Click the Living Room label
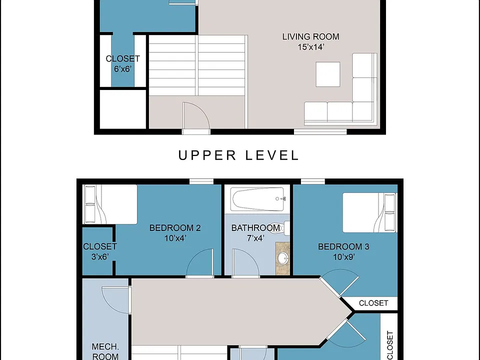coord(310,36)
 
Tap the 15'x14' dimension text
coord(310,47)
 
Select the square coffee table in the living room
coord(328,74)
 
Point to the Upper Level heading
coord(238,155)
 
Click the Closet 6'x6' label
coord(123,63)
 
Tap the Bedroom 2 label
coord(175,228)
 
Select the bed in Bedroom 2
coord(110,204)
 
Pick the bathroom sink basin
coord(283,258)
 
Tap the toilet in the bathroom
coord(281,228)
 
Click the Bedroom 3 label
coord(343,246)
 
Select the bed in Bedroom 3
coord(369,212)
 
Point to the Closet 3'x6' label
coord(100,251)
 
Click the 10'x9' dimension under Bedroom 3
coord(344,257)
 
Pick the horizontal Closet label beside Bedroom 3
coord(373,303)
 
